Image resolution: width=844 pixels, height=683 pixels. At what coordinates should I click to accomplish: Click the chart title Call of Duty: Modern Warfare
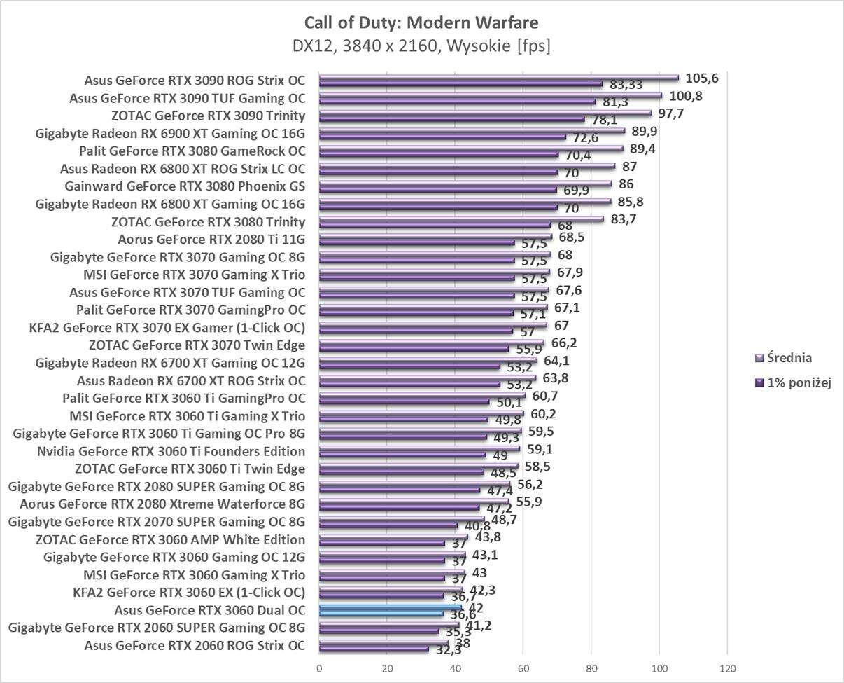422,23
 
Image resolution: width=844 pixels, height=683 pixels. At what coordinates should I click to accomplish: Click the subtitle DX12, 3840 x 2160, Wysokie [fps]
422,46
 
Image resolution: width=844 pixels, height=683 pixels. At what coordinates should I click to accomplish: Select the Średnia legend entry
789,358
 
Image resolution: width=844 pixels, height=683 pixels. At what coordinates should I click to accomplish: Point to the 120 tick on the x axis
728,668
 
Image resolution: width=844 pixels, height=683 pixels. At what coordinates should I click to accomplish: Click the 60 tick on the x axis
523,668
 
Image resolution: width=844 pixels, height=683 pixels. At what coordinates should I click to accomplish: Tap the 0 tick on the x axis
319,668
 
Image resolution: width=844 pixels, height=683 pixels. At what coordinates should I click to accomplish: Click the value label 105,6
701,78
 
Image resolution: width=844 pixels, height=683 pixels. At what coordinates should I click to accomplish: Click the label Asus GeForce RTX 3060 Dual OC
209,610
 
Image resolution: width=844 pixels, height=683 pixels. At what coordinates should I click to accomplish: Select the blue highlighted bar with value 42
390,607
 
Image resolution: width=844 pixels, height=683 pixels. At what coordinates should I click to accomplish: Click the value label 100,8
684,96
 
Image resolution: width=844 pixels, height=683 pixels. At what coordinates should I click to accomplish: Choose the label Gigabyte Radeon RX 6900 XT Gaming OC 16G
170,133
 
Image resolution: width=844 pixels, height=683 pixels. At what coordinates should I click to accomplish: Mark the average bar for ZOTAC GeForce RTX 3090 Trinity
484,112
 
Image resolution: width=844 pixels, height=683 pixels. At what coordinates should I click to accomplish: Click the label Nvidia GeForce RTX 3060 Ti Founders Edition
171,451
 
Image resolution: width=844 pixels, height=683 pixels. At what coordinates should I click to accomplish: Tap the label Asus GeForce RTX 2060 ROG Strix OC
195,645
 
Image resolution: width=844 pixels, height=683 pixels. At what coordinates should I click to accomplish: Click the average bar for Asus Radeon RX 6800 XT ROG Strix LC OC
467,166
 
